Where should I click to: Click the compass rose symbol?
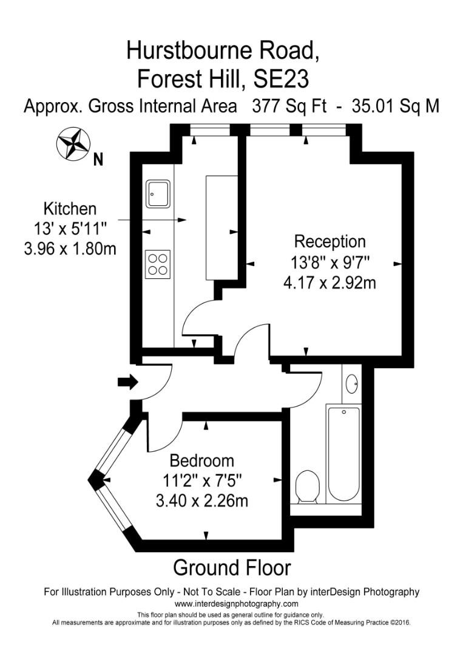(x=73, y=144)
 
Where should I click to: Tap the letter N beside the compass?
(x=98, y=161)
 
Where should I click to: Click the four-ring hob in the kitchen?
(x=158, y=264)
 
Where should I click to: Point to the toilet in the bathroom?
(x=308, y=487)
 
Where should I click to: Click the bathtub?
(x=343, y=454)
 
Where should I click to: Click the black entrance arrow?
(x=127, y=382)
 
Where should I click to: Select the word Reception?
(x=330, y=241)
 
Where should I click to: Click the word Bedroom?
(x=201, y=460)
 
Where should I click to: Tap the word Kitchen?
(x=70, y=209)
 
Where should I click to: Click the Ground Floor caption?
(x=232, y=567)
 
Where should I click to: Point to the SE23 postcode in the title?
(x=288, y=79)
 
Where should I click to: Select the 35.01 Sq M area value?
(x=400, y=106)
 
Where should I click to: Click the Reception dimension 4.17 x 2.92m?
(x=330, y=282)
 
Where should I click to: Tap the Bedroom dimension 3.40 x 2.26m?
(x=201, y=501)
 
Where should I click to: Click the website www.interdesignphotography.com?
(x=236, y=604)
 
